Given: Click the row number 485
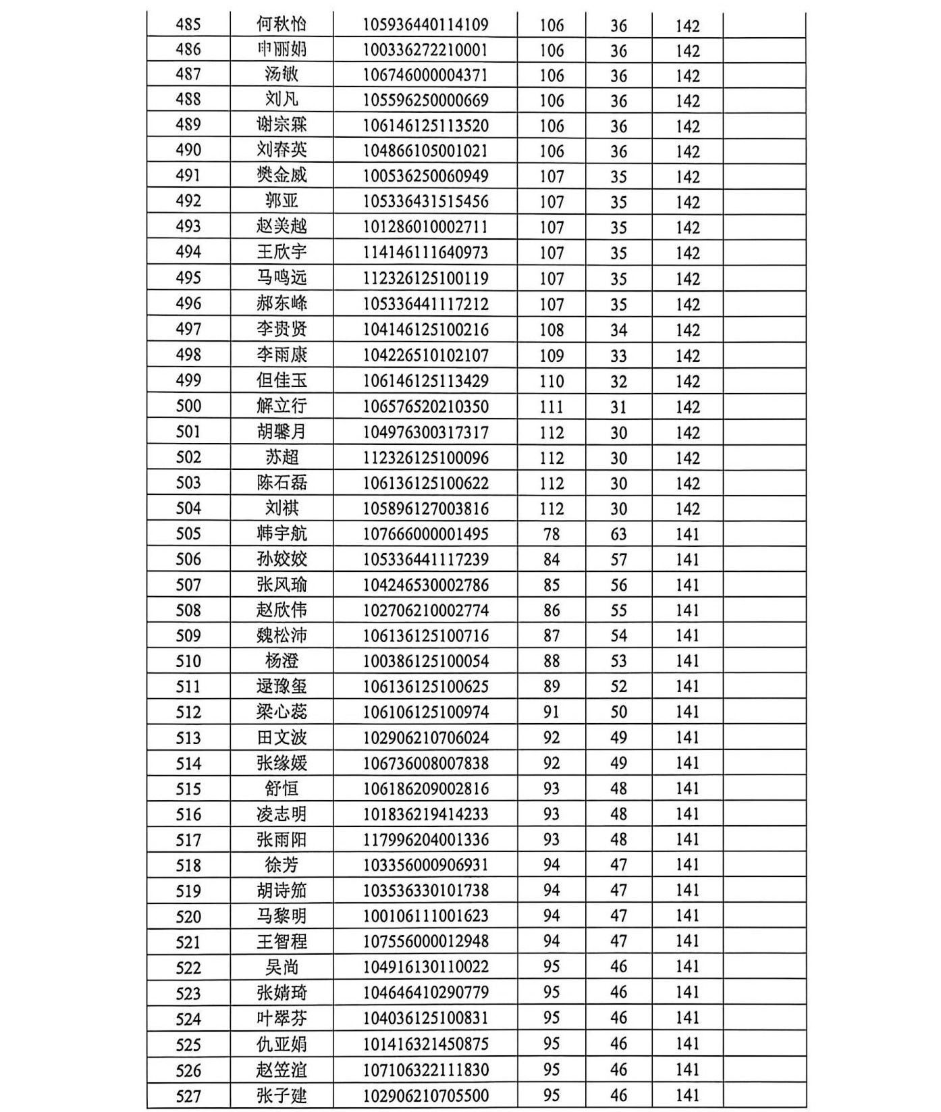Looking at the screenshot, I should [x=188, y=24].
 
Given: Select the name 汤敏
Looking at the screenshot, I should [x=281, y=74].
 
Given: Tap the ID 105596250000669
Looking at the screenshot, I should [x=425, y=100].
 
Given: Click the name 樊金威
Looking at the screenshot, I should [x=281, y=176].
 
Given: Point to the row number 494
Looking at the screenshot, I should [x=188, y=252].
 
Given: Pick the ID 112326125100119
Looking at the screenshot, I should [x=425, y=277].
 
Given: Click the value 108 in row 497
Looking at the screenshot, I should [x=552, y=329].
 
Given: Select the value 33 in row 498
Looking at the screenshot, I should [x=618, y=355].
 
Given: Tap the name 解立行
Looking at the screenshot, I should [x=281, y=406].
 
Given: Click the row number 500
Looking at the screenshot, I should [x=188, y=406].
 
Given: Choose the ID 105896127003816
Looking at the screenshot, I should [x=425, y=508].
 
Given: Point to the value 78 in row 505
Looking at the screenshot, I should [x=552, y=534].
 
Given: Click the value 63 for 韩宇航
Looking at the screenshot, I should [x=618, y=534].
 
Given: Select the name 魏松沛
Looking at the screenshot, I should [x=281, y=635].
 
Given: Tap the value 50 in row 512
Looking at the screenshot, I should [x=618, y=712].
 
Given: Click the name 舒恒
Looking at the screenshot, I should [x=281, y=788].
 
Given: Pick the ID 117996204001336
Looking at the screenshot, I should [x=425, y=839].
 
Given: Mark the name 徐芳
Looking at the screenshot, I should [x=281, y=865].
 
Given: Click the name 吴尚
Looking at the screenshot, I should [x=281, y=967].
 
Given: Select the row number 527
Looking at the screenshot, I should [x=188, y=1096].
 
